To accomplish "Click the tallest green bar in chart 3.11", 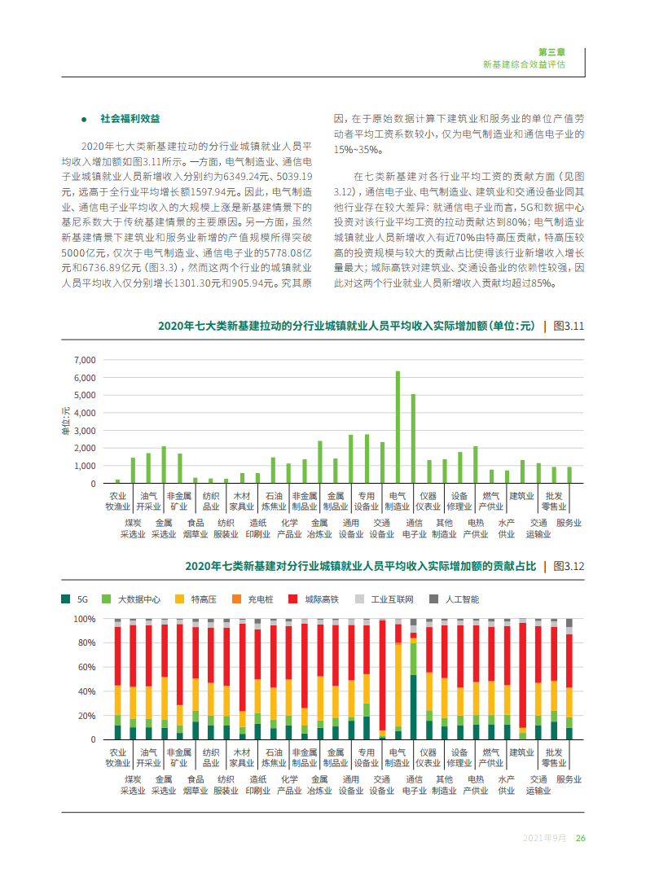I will pyautogui.click(x=398, y=427).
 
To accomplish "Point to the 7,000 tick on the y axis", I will pyautogui.click(x=84, y=360).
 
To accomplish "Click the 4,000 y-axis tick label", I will pyautogui.click(x=84, y=413).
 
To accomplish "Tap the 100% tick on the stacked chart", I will pyautogui.click(x=86, y=619).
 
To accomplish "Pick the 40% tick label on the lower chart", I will pyautogui.click(x=86, y=691).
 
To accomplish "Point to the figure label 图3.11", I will pyautogui.click(x=569, y=326).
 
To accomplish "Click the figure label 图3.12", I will pyautogui.click(x=569, y=566).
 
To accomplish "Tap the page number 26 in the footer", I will pyautogui.click(x=580, y=839).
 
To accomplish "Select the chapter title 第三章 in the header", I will pyautogui.click(x=552, y=50).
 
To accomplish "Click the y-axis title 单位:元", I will pyautogui.click(x=66, y=420).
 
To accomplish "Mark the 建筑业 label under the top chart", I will pyautogui.click(x=521, y=495).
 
